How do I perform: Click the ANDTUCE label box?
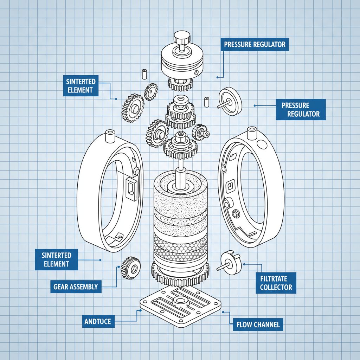(x=98, y=321)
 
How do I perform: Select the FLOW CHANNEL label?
(x=258, y=324)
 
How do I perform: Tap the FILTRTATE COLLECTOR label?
(x=276, y=283)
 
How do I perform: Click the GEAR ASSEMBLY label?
(x=76, y=287)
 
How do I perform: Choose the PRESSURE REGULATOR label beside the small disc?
(x=301, y=109)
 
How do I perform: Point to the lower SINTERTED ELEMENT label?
(x=56, y=259)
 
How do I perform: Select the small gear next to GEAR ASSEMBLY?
(x=130, y=268)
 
